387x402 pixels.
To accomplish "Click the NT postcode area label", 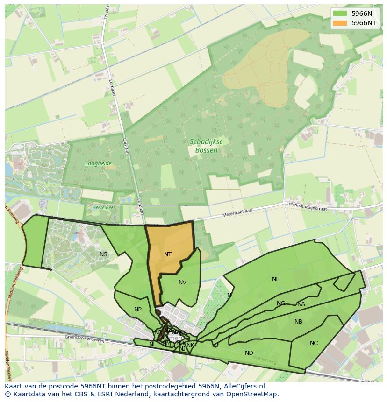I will click(x=168, y=254).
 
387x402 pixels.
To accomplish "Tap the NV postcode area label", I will click(x=182, y=282).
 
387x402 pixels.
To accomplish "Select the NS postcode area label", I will click(x=103, y=254).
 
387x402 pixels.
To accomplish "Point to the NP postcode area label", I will click(x=138, y=310).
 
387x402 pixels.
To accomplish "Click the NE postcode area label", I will click(x=276, y=279).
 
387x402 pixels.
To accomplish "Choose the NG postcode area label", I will click(x=281, y=303).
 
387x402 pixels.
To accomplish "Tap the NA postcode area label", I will click(x=301, y=304).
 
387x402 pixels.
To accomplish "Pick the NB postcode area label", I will click(x=298, y=322).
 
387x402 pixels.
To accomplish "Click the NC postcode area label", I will click(x=314, y=343).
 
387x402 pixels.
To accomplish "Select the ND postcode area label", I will click(x=249, y=353).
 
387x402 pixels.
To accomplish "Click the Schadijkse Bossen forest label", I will click(x=203, y=146).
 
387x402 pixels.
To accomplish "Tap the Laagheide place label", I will click(x=98, y=163).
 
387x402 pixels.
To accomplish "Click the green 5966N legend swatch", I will click(x=340, y=14).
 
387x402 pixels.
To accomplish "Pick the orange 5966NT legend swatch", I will click(x=340, y=23).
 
